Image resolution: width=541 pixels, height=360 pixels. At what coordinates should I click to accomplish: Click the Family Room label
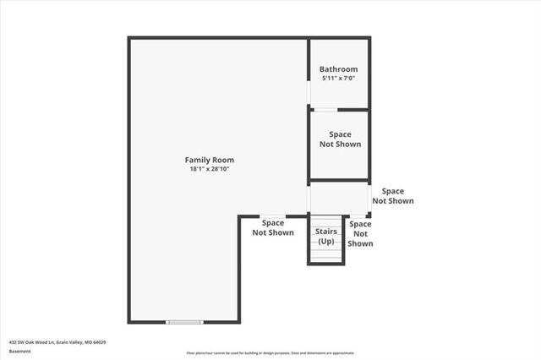[210, 160]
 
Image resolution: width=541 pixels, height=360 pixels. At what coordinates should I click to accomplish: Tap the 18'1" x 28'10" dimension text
[210, 169]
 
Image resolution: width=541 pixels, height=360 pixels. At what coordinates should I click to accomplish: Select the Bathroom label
[338, 69]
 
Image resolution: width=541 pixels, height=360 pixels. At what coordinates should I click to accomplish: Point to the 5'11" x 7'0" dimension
[338, 79]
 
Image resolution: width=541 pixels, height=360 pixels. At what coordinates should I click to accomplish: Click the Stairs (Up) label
[326, 236]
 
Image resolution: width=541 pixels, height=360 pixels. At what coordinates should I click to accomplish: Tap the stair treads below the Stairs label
[326, 253]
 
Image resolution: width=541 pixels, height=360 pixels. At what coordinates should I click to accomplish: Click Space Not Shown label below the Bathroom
[340, 139]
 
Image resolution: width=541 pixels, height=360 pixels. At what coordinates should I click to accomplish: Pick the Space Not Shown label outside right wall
[393, 196]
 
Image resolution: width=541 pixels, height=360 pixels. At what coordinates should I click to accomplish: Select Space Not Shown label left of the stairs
[273, 227]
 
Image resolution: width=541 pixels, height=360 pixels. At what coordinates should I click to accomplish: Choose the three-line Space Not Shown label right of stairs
[360, 233]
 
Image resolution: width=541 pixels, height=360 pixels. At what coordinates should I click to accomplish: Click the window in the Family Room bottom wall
[184, 322]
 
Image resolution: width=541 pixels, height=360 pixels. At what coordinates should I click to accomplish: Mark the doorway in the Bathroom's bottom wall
[325, 110]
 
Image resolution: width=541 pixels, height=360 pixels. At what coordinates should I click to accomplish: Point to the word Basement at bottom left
[19, 351]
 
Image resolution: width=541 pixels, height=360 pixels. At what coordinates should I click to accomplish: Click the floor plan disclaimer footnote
[270, 353]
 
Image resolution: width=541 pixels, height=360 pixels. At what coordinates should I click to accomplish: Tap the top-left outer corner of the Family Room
[129, 38]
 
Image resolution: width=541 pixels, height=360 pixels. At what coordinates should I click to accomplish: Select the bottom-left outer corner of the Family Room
[129, 322]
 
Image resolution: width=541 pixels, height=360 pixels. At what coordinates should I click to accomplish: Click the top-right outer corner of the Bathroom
[369, 38]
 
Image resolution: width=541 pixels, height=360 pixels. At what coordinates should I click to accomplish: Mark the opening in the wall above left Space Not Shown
[272, 215]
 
